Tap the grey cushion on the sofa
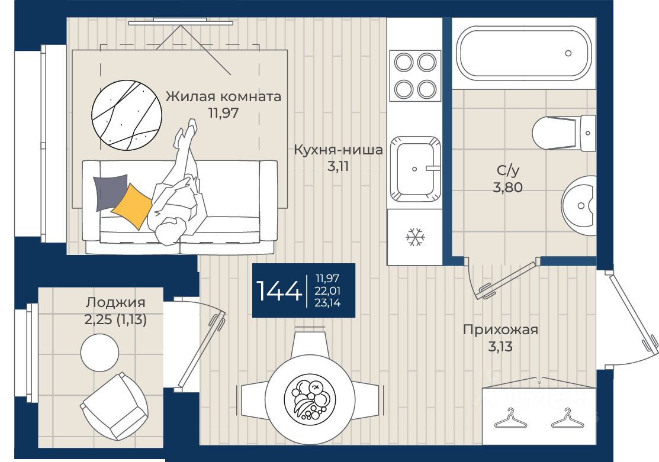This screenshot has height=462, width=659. click(x=110, y=192)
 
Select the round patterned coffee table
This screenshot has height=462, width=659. click(x=127, y=115)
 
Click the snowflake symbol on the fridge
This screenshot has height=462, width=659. click(x=415, y=237)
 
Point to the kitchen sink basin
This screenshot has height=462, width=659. click(x=415, y=169)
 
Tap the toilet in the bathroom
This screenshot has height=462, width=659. click(x=563, y=133)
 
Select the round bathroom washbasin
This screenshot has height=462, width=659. click(x=578, y=205)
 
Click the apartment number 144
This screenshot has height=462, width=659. click(x=279, y=290)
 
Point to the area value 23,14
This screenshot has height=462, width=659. click(x=327, y=302)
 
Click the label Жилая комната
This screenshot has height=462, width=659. click(x=223, y=96)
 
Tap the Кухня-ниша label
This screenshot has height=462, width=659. click(x=338, y=150)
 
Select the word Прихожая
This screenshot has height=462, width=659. click(x=500, y=329)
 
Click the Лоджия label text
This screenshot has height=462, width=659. click(x=115, y=302)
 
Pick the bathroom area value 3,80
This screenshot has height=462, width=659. click(x=507, y=187)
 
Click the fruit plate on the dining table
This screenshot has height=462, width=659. click(x=310, y=398)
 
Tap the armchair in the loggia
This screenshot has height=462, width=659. click(x=114, y=406)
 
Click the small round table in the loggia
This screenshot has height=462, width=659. click(x=99, y=353)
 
